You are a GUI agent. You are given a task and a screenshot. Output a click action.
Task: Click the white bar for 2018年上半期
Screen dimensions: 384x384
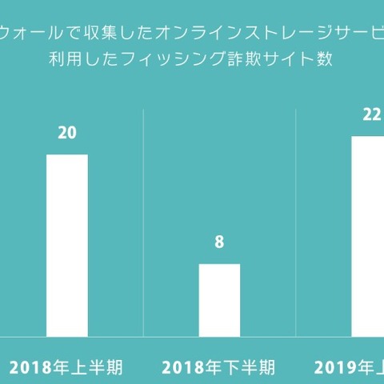(66, 245)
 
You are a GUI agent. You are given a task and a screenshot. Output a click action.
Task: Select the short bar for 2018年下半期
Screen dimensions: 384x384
(219, 300)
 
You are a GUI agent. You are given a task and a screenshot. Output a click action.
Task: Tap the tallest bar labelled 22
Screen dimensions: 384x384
(368, 236)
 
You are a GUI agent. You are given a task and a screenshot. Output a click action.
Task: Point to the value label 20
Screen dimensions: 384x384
(67, 133)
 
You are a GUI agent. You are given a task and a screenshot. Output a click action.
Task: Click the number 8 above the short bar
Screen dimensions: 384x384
(219, 242)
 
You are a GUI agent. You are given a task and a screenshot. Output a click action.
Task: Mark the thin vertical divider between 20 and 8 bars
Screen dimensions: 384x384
(143, 224)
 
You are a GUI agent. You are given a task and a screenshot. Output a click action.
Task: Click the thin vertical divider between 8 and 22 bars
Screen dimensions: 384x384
(295, 224)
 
